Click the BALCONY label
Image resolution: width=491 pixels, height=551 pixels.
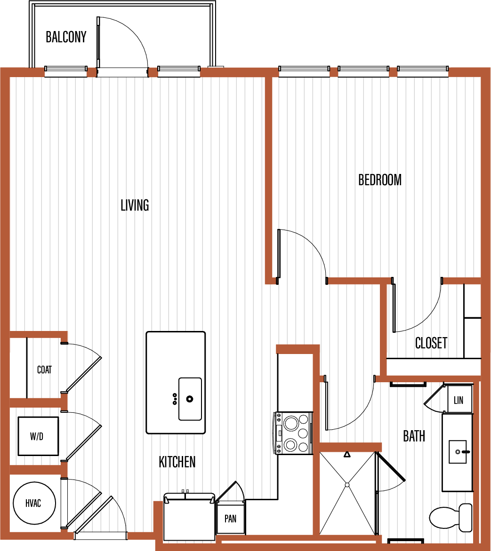point(66,37)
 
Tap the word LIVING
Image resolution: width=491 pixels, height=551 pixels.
point(135,205)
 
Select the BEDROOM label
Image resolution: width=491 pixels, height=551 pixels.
point(380,180)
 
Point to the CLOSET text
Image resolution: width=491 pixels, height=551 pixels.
point(431,343)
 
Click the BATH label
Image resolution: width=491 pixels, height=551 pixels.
point(414,436)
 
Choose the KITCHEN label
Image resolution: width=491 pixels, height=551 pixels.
point(177,462)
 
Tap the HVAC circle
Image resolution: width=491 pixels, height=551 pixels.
point(34,503)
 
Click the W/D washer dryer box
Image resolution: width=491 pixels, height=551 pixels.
point(38,436)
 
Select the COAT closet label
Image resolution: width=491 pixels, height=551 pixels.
point(44,370)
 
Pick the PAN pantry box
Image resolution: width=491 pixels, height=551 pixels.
point(231,518)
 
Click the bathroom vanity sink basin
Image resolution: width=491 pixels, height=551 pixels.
point(458,451)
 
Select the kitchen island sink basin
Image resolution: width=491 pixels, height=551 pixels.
point(190,399)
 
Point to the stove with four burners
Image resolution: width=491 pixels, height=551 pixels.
point(293,433)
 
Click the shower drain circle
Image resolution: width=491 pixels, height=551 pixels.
point(347,485)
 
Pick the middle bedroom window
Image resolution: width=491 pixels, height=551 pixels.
point(363,71)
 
